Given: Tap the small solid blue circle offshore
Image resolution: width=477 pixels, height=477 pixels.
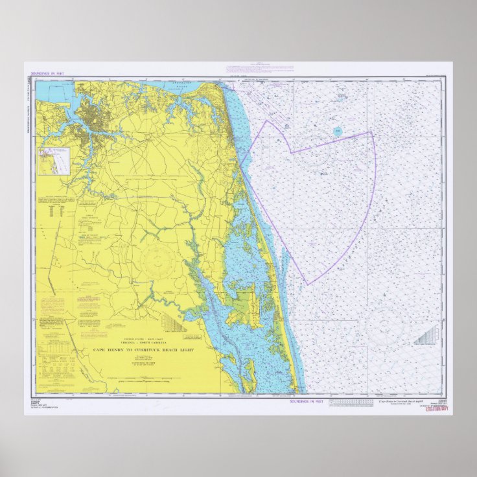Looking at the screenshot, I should pyautogui.click(x=338, y=132).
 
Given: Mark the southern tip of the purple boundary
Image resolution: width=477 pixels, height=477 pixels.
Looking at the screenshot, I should pyautogui.click(x=307, y=284).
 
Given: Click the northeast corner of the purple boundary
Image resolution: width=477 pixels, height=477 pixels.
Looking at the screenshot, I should pyautogui.click(x=371, y=133).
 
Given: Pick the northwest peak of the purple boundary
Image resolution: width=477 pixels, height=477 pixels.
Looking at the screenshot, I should pyautogui.click(x=267, y=121).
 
